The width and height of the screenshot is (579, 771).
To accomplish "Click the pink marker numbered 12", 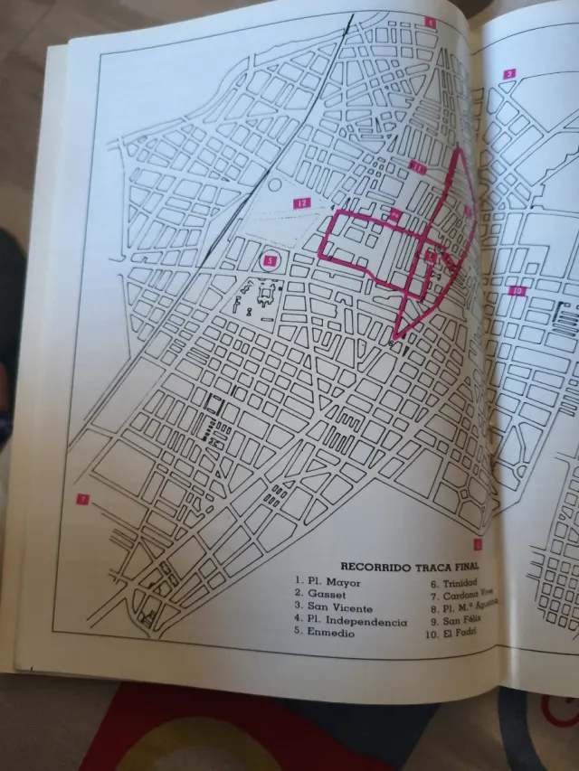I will tap(301, 203).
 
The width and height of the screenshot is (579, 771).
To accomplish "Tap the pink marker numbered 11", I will tap(417, 166).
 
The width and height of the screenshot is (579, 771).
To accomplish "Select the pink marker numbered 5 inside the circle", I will tap(269, 261).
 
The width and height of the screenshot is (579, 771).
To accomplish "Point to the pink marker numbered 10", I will tap(517, 290).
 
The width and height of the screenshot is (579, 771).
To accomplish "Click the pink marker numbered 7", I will tap(82, 499).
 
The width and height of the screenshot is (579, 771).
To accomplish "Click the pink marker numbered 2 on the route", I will tap(395, 215).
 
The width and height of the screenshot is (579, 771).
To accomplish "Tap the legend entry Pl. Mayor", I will tap(330, 582).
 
